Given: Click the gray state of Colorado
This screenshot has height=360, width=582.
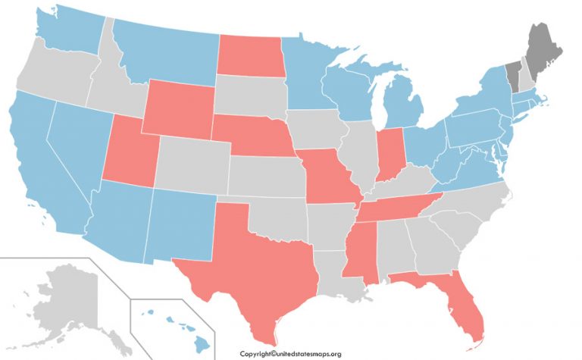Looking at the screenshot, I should click(x=192, y=164).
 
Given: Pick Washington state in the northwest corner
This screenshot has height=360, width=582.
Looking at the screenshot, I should click(x=68, y=30).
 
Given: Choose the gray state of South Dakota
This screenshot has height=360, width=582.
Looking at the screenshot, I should click(x=250, y=94).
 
